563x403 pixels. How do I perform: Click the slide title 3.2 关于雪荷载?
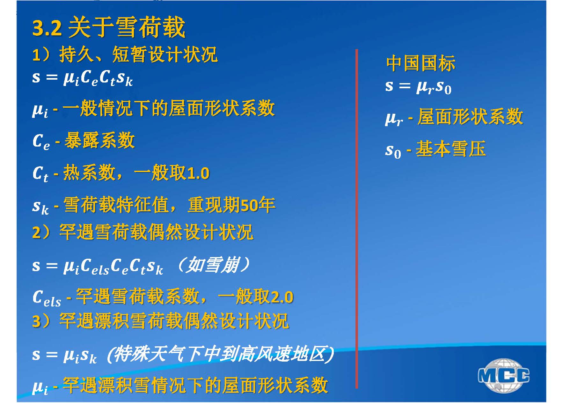pyautogui.click(x=109, y=27)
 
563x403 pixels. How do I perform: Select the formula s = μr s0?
pyautogui.click(x=418, y=87)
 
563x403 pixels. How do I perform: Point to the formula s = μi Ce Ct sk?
pyautogui.click(x=82, y=78)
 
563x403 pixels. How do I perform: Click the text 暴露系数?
pyautogui.click(x=99, y=140)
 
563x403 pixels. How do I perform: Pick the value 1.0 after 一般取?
pyautogui.click(x=198, y=174)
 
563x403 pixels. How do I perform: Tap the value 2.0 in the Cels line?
pyautogui.click(x=282, y=297)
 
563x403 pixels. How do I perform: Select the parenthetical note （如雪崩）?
pyautogui.click(x=213, y=265)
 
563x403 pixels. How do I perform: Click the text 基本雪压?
pyautogui.click(x=451, y=149)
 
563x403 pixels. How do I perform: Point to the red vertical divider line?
pyautogui.click(x=356, y=219)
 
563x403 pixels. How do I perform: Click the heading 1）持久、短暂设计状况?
pyautogui.click(x=125, y=54)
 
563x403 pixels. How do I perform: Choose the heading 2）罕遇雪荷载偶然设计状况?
pyautogui.click(x=143, y=232)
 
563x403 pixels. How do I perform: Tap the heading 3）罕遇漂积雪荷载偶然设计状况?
pyautogui.click(x=161, y=320)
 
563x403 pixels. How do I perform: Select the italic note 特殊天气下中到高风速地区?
pyautogui.click(x=220, y=354)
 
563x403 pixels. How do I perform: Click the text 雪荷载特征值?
pyautogui.click(x=116, y=205)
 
